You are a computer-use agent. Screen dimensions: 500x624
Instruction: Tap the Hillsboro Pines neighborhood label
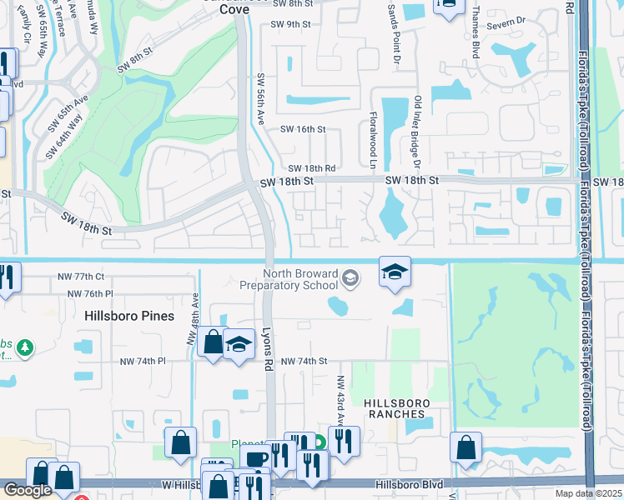(129, 316)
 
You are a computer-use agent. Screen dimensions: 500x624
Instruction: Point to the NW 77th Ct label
(74, 276)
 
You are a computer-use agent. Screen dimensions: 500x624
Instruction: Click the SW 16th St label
(302, 129)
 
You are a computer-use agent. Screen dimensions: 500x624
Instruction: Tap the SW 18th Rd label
(312, 168)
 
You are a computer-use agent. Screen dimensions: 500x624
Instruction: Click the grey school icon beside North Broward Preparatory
(350, 278)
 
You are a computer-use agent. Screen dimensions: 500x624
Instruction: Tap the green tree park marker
(26, 347)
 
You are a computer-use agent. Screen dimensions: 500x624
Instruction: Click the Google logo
(28, 490)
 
